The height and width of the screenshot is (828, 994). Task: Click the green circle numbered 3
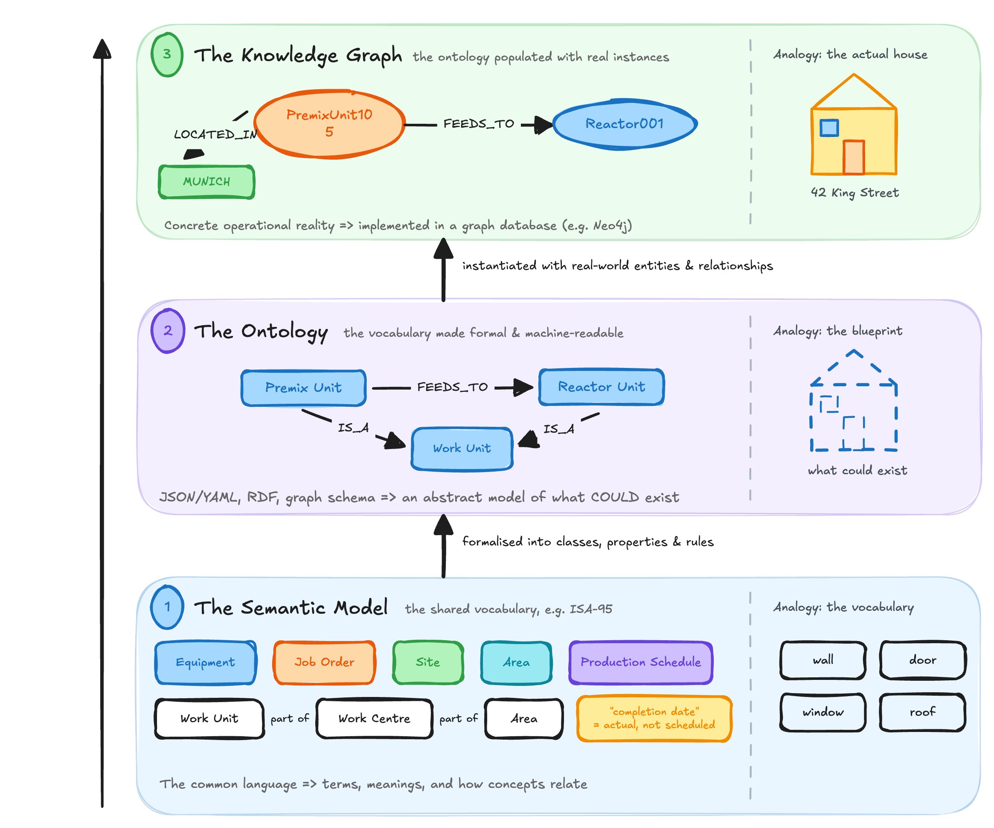pyautogui.click(x=167, y=55)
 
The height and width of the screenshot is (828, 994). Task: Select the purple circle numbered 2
pyautogui.click(x=168, y=331)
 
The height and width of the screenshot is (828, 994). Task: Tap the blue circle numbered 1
pyautogui.click(x=167, y=607)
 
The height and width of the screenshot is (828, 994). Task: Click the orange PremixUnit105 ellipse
pyautogui.click(x=329, y=124)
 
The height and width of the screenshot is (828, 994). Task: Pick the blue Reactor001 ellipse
pyautogui.click(x=625, y=124)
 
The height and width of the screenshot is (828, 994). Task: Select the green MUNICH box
pyautogui.click(x=207, y=182)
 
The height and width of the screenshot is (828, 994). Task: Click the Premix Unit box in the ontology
pyautogui.click(x=303, y=388)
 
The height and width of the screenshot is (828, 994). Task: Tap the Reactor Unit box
pyautogui.click(x=602, y=387)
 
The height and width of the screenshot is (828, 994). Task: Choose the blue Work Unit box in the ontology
pyautogui.click(x=462, y=449)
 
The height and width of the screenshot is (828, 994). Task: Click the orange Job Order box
pyautogui.click(x=324, y=662)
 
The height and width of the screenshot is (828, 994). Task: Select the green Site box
pyautogui.click(x=428, y=662)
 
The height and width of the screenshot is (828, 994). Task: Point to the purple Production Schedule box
pyautogui.click(x=641, y=662)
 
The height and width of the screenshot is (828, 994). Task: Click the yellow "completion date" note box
pyautogui.click(x=654, y=718)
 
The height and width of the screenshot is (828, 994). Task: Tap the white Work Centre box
pyautogui.click(x=375, y=719)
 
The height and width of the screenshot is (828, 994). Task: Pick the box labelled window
pyautogui.click(x=823, y=712)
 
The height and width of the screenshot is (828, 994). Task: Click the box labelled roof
pyautogui.click(x=922, y=712)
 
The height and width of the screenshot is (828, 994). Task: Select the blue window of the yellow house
pyautogui.click(x=829, y=128)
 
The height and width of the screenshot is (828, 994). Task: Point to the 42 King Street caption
pyautogui.click(x=855, y=193)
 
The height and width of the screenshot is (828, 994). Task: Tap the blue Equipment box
pyautogui.click(x=206, y=662)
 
